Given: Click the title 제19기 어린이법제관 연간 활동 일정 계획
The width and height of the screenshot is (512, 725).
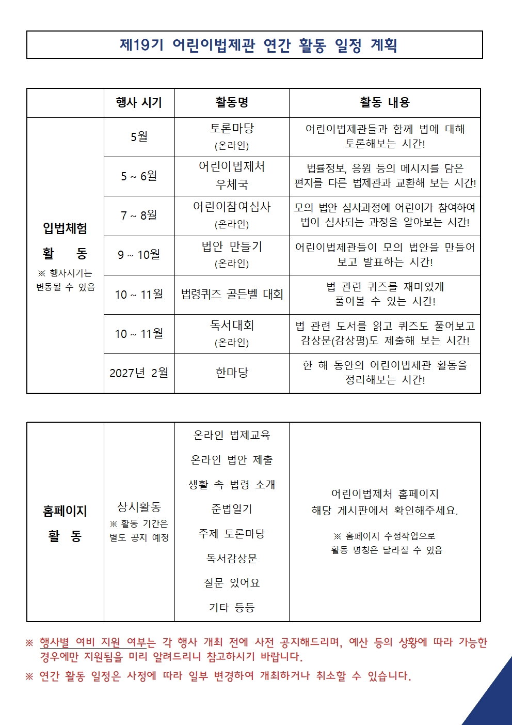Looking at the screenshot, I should click(258, 45).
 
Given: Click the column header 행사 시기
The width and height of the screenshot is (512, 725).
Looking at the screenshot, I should click(139, 102).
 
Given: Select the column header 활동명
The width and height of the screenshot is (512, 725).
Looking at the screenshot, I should click(232, 102).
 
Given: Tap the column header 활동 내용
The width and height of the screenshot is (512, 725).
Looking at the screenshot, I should click(385, 102).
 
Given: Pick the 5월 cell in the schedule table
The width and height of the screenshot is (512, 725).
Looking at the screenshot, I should click(139, 137).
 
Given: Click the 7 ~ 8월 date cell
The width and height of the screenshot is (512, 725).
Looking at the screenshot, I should click(139, 215).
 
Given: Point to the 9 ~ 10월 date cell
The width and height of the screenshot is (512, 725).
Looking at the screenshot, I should click(139, 255).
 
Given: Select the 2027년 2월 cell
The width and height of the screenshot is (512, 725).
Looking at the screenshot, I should click(139, 373).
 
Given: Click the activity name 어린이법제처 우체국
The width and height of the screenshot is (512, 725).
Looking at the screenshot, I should click(232, 176).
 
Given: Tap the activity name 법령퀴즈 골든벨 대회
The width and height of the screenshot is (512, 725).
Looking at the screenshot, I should click(232, 295).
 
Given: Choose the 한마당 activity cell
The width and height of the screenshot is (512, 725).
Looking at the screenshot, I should click(232, 373).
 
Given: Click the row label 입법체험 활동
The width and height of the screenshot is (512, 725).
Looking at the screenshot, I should click(65, 241).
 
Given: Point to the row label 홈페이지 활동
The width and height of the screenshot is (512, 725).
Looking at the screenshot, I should click(65, 523).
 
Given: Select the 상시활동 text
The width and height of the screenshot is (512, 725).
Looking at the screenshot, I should click(139, 507).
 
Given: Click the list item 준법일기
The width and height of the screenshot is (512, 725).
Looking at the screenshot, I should click(232, 509).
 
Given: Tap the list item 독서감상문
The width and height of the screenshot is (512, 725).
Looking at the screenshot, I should click(232, 559).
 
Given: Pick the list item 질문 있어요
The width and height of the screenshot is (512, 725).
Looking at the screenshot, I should click(232, 583).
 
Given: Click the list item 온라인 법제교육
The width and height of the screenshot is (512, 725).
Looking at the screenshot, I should click(232, 435).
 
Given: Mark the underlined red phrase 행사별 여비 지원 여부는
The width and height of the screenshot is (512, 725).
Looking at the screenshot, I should click(98, 642).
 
